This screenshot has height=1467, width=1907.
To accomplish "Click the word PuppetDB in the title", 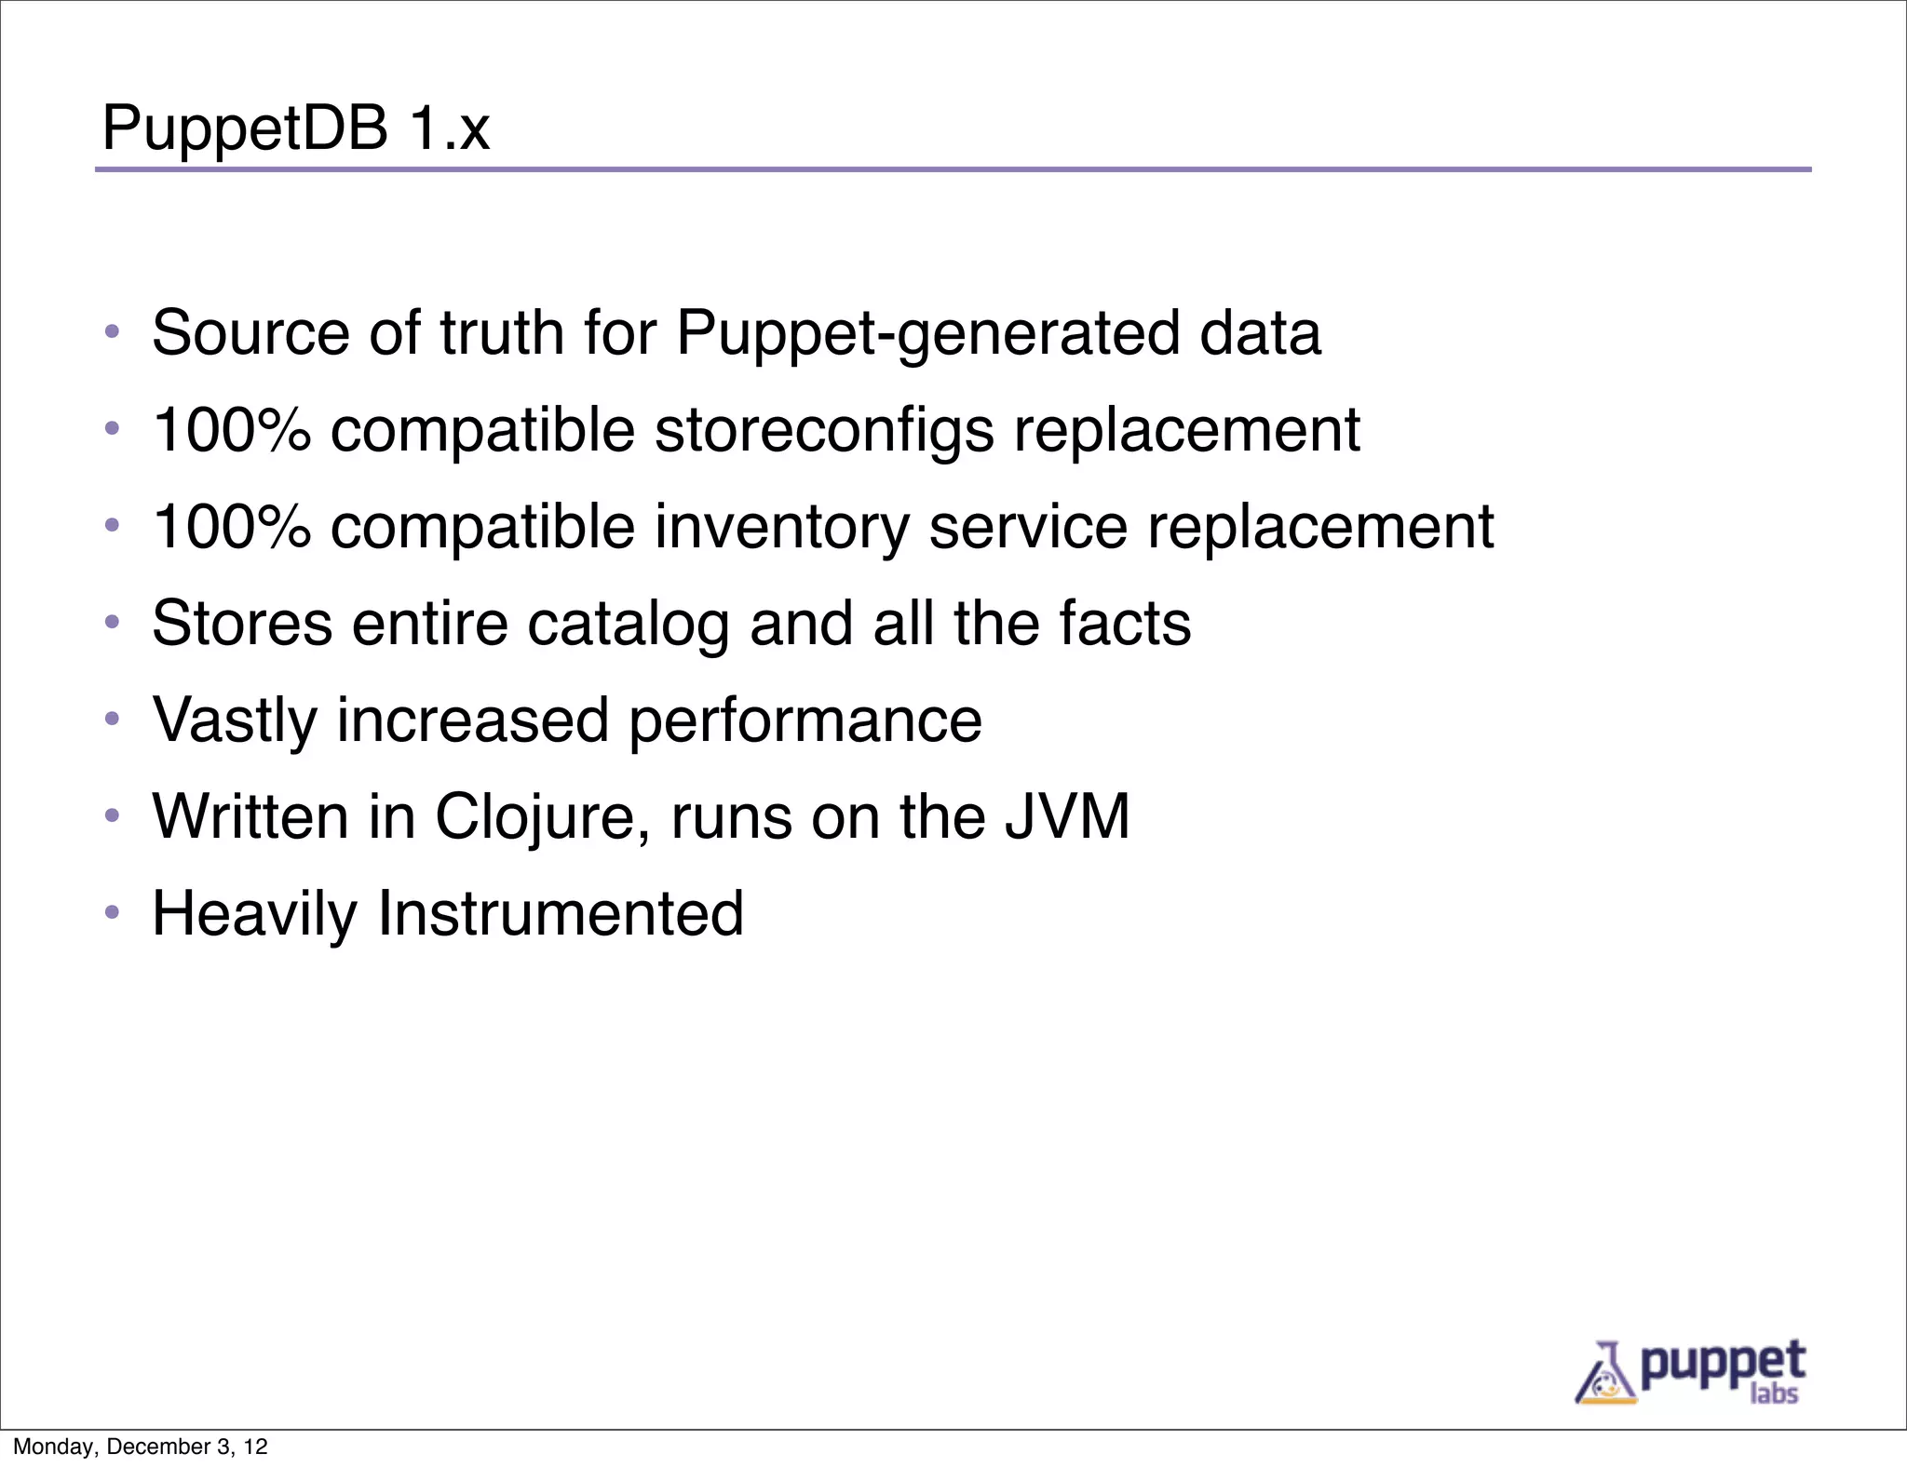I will coord(245,128).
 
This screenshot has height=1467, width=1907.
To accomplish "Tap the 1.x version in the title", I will coord(449,128).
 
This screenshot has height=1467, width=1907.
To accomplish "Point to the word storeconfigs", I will coord(824,431).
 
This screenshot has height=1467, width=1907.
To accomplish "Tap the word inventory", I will coord(781,528).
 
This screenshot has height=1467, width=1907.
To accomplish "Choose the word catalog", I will coord(628,624).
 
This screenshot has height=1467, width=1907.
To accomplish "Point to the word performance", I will coord(805,721).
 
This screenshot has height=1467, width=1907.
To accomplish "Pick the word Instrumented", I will coord(560,913).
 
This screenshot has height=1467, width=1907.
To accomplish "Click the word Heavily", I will coord(254,915).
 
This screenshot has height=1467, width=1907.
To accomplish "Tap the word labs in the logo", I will coord(1774,1393).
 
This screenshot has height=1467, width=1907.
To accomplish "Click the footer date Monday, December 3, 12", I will coord(141,1447).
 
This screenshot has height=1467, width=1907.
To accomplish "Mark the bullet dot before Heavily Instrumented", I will coord(112,912).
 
